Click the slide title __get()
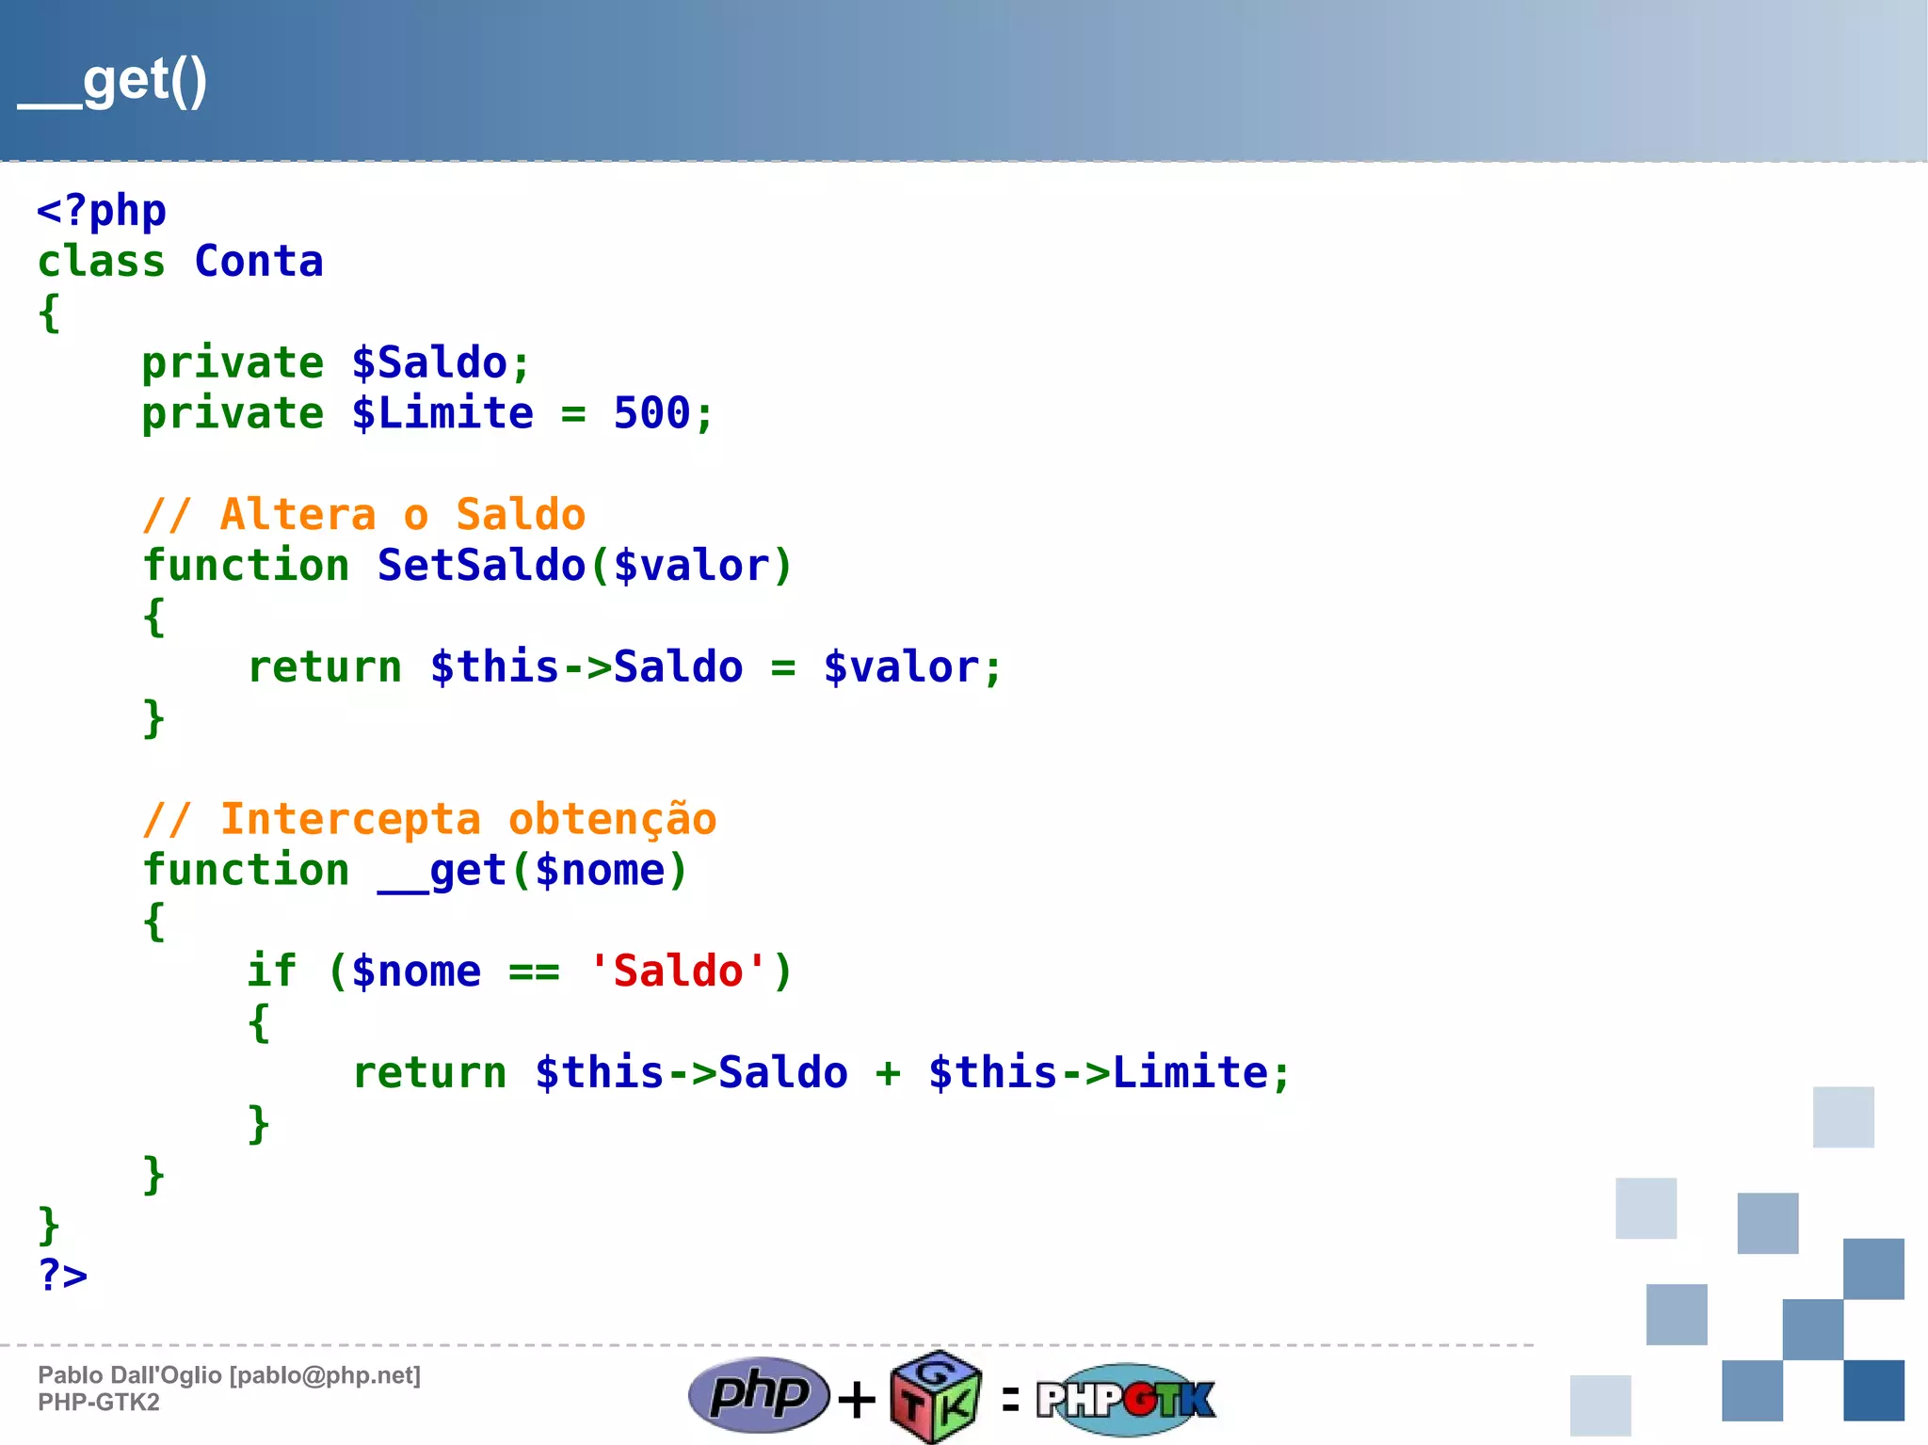[113, 83]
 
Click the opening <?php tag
[102, 211]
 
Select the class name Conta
[259, 262]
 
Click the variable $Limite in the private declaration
[442, 413]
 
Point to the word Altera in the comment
[297, 515]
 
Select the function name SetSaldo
[481, 566]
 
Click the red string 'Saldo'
[678, 971]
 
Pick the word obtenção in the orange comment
[612, 819]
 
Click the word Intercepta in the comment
[350, 819]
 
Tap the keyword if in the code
[271, 971]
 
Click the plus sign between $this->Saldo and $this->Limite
[888, 1073]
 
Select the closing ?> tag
[62, 1276]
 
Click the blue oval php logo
[759, 1394]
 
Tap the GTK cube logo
[936, 1397]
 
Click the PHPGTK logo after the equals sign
[1126, 1399]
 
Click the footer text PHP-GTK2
[99, 1403]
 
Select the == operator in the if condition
[534, 971]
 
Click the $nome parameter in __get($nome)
[600, 871]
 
